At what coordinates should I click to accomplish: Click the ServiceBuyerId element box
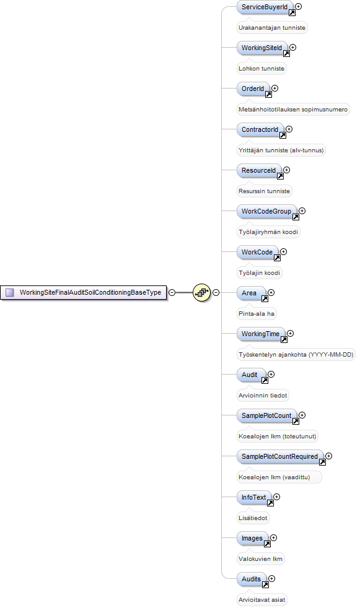tap(265, 7)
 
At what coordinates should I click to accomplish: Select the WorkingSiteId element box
tap(262, 48)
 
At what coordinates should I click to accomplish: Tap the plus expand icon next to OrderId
tap(274, 89)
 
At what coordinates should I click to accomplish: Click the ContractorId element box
tap(260, 129)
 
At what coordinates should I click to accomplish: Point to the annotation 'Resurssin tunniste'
tap(264, 191)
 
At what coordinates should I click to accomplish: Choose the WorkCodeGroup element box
tap(266, 211)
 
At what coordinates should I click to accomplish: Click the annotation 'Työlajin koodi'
tap(259, 273)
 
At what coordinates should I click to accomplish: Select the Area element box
tap(251, 293)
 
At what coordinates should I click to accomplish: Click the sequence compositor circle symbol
tap(202, 292)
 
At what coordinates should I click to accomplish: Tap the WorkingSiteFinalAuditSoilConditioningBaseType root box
tap(84, 292)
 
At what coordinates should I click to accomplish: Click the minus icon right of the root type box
tap(172, 292)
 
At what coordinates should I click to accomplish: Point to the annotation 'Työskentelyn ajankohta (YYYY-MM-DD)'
tap(296, 354)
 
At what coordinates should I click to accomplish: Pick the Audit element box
tap(251, 375)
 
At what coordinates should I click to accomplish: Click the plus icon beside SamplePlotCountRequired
tap(328, 456)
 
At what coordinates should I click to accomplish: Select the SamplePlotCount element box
tap(266, 415)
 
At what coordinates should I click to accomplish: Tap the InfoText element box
tap(254, 498)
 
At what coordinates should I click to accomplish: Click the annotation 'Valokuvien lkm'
tap(261, 558)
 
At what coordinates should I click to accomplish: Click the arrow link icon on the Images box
tap(267, 544)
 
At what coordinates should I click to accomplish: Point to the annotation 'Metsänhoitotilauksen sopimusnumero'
tap(293, 110)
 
